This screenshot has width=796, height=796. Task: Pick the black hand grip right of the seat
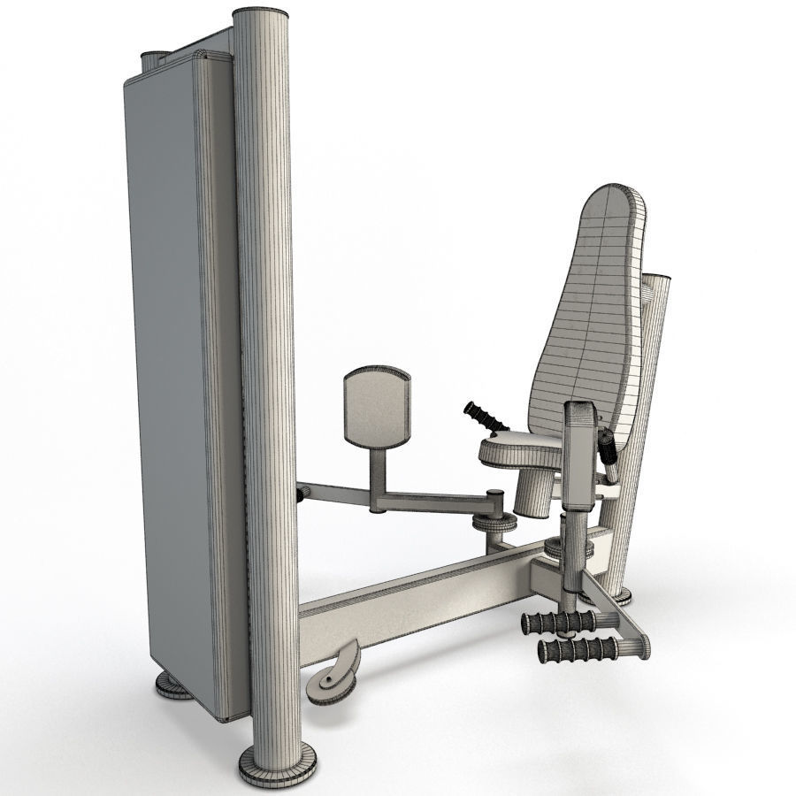coord(608,444)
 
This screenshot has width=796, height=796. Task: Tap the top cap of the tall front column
coord(263,16)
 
